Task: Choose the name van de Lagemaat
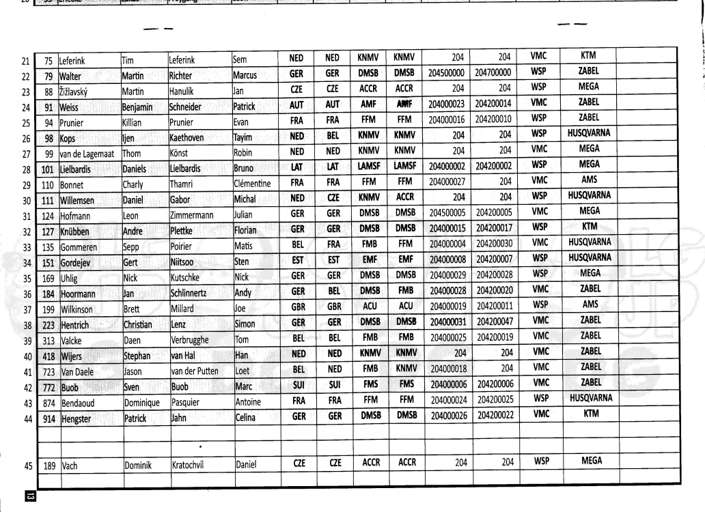[x=88, y=152]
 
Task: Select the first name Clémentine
[x=252, y=184]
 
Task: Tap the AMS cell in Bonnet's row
[x=588, y=182]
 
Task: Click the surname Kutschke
[x=191, y=278]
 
